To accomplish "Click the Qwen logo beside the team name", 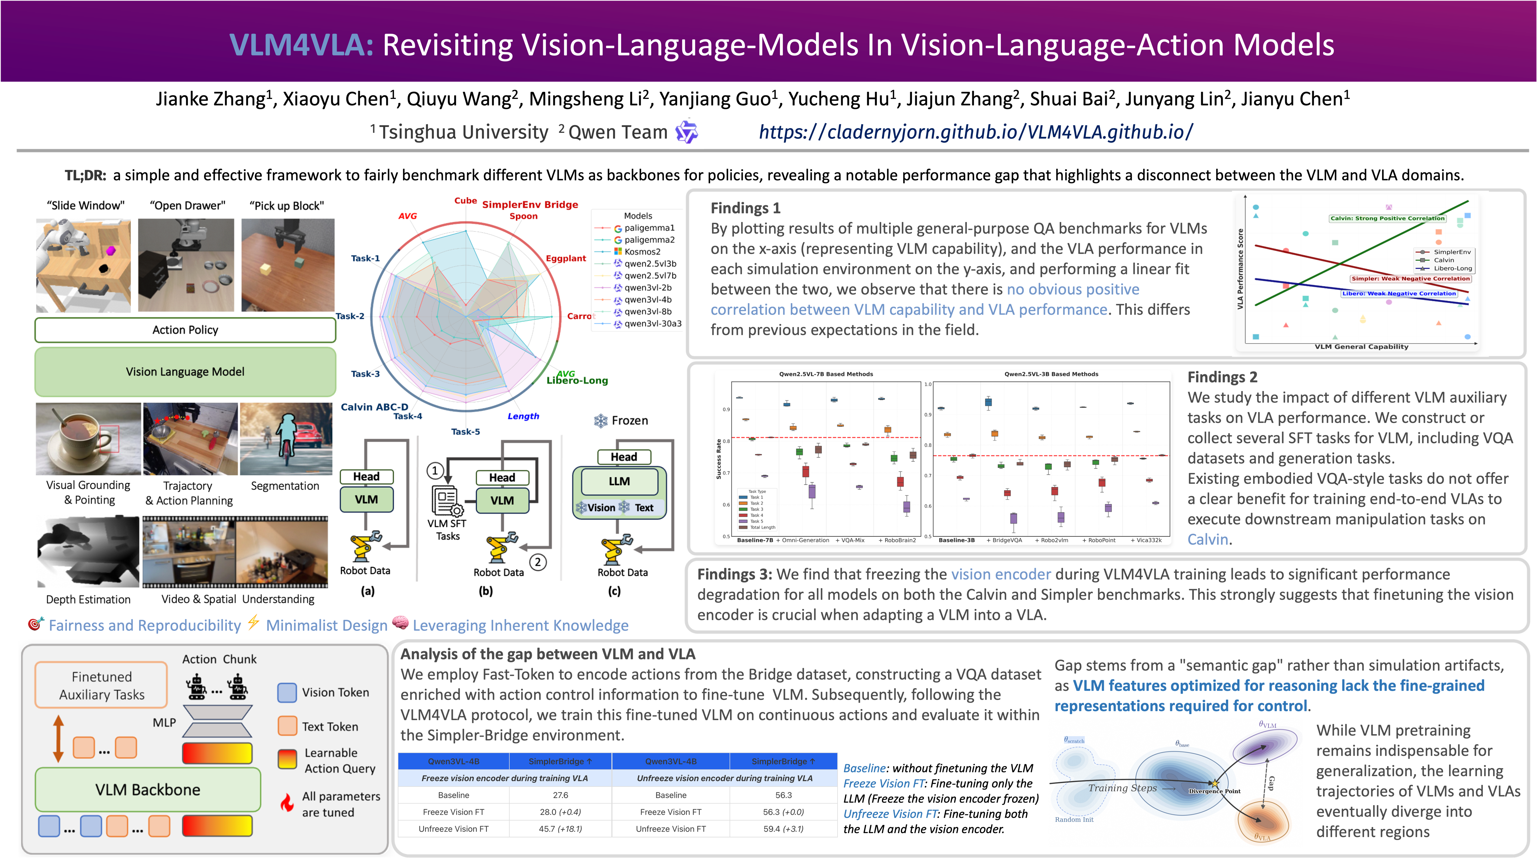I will (686, 132).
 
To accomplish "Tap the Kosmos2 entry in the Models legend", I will (642, 252).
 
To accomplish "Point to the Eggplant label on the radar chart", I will (566, 258).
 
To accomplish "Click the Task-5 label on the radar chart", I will (465, 431).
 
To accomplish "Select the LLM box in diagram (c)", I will (619, 481).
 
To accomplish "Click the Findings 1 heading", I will (745, 208).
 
